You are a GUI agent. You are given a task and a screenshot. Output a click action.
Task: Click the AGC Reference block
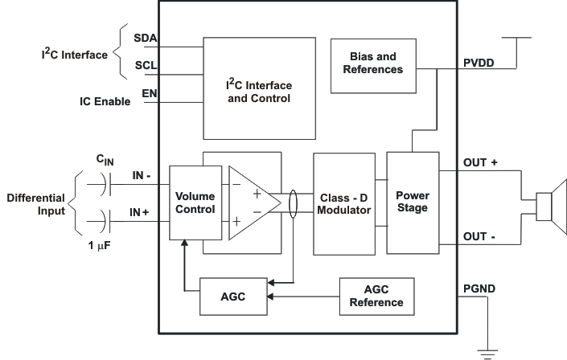pos(376,297)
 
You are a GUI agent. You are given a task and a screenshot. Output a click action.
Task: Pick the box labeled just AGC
pos(232,297)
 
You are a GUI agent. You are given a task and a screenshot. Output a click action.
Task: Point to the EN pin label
pos(150,93)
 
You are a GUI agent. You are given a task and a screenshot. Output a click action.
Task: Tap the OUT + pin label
pos(481,162)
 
